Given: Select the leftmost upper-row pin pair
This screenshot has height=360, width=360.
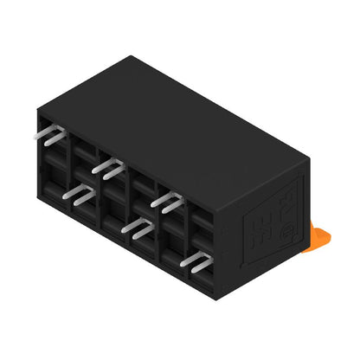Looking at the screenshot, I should pyautogui.click(x=50, y=135).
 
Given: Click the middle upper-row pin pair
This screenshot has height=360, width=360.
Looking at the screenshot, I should pyautogui.click(x=109, y=168).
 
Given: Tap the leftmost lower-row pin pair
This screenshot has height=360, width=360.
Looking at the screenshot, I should pyautogui.click(x=79, y=196).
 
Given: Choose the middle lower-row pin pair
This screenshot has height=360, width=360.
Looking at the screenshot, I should pyautogui.click(x=138, y=227).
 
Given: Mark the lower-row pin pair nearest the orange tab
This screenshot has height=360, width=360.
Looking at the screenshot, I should pyautogui.click(x=198, y=262).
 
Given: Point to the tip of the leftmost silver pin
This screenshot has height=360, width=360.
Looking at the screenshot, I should pyautogui.click(x=37, y=135).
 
